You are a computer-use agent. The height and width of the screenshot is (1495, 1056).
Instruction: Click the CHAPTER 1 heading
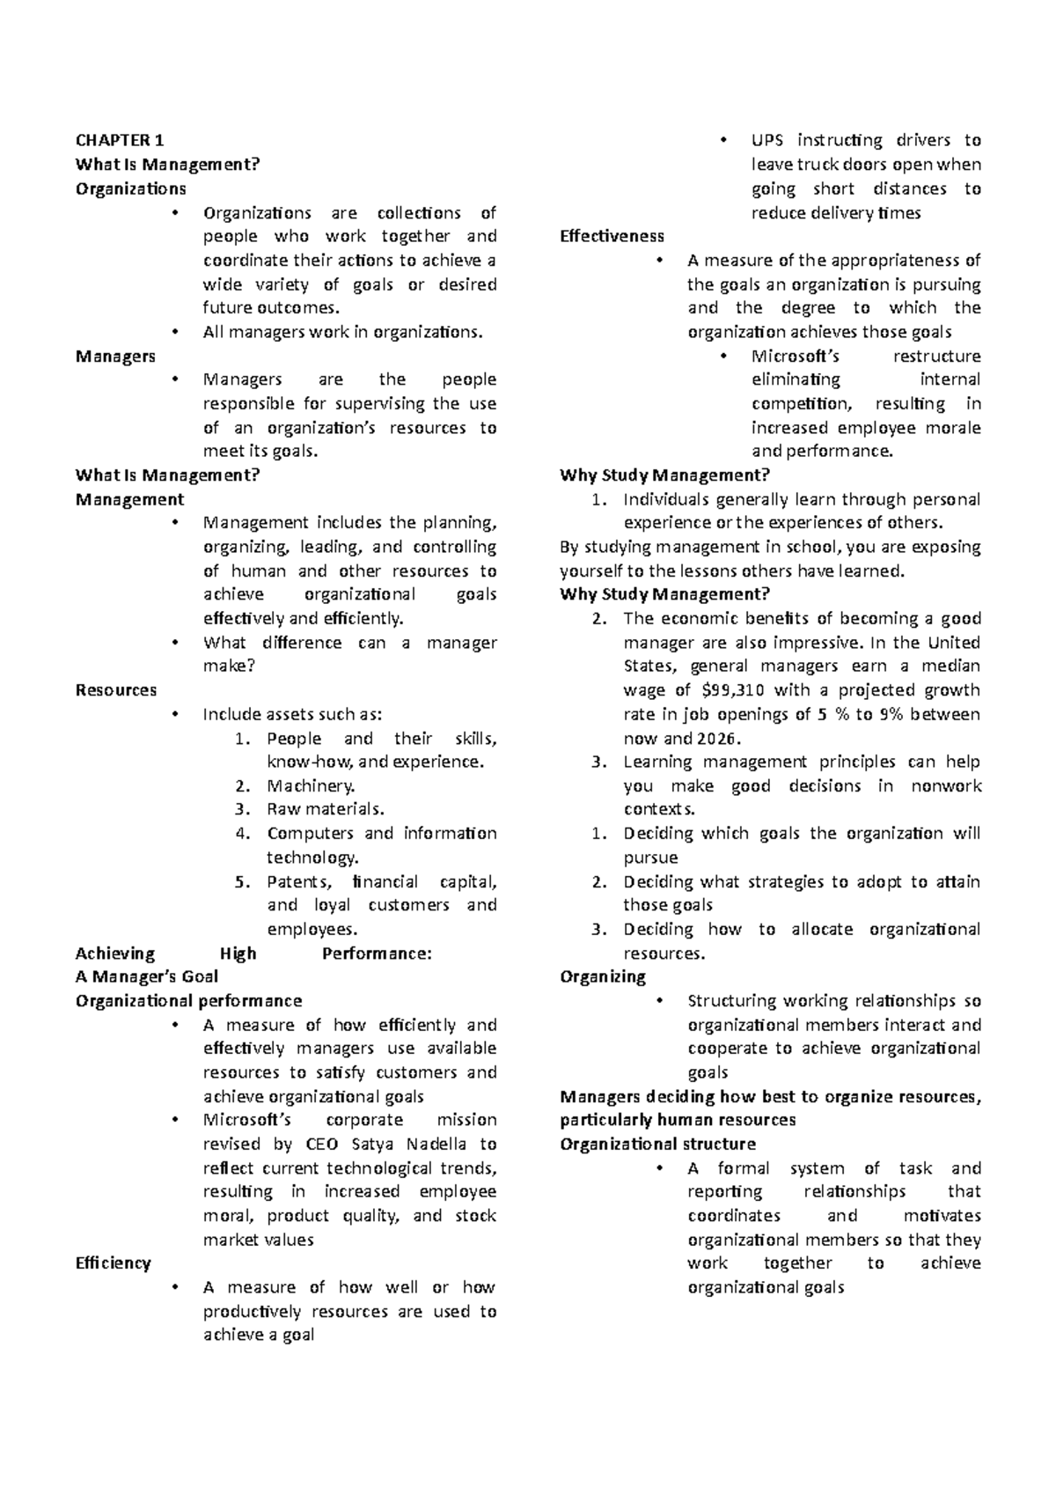pyautogui.click(x=120, y=140)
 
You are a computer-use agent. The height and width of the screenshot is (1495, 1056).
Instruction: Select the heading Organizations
pyautogui.click(x=130, y=188)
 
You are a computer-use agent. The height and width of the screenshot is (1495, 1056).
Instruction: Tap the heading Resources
pyautogui.click(x=116, y=690)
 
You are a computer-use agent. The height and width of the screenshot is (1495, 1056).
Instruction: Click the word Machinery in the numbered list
pyautogui.click(x=310, y=785)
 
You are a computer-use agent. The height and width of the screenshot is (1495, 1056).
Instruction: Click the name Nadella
pyautogui.click(x=432, y=1144)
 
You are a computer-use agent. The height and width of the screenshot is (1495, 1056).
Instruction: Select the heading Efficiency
pyautogui.click(x=114, y=1263)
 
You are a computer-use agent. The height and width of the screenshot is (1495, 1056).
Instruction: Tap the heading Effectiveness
pyautogui.click(x=612, y=236)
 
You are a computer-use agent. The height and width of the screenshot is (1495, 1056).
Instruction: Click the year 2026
pyautogui.click(x=718, y=738)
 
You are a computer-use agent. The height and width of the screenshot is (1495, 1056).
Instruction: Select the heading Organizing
pyautogui.click(x=603, y=976)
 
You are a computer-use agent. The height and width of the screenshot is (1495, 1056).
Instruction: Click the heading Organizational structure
pyautogui.click(x=657, y=1144)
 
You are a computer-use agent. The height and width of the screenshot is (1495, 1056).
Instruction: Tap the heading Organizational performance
pyautogui.click(x=188, y=1001)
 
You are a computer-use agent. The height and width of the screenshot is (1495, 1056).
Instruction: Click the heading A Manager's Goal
pyautogui.click(x=147, y=976)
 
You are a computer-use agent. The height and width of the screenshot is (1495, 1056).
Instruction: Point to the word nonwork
pyautogui.click(x=945, y=785)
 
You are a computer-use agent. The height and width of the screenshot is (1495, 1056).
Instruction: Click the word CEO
pyautogui.click(x=320, y=1144)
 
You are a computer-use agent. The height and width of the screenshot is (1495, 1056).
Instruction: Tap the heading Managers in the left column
pyautogui.click(x=115, y=356)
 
